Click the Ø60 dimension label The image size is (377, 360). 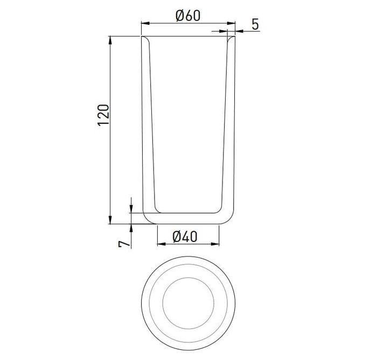188,16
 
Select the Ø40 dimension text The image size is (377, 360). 185,237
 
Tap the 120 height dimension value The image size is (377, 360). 103,115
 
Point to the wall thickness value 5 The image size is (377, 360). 255,24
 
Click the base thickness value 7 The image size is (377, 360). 124,245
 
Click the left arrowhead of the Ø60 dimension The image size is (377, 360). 145,23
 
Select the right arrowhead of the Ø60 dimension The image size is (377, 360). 231,23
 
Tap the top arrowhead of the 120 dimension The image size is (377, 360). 110,40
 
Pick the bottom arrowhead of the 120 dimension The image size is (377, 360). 110,219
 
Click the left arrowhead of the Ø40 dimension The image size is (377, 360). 162,244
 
